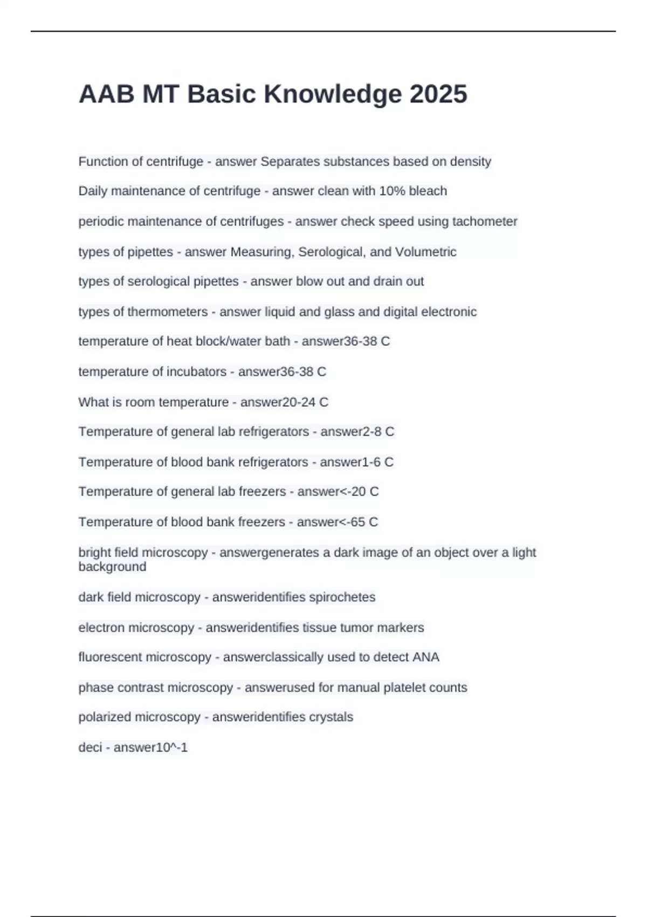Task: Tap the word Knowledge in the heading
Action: pyautogui.click(x=332, y=94)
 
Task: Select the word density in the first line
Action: pyautogui.click(x=471, y=161)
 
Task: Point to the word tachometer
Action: pyautogui.click(x=485, y=221)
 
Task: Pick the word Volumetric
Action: pyautogui.click(x=425, y=252)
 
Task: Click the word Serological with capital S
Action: pyautogui.click(x=331, y=252)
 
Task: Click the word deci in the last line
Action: pyautogui.click(x=90, y=747)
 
